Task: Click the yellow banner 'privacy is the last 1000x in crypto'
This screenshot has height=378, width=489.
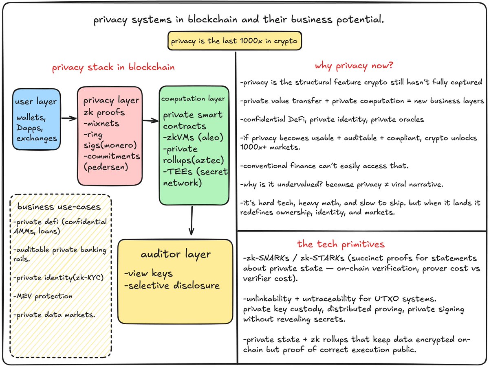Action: (x=235, y=42)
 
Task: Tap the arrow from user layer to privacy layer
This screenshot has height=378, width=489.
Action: (x=68, y=118)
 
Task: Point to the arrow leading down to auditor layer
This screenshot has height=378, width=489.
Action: (x=191, y=220)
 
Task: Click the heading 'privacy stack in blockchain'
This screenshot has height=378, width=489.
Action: (x=113, y=67)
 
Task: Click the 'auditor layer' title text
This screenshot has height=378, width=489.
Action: (x=176, y=254)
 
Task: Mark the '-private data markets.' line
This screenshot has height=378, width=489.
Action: (x=48, y=315)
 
